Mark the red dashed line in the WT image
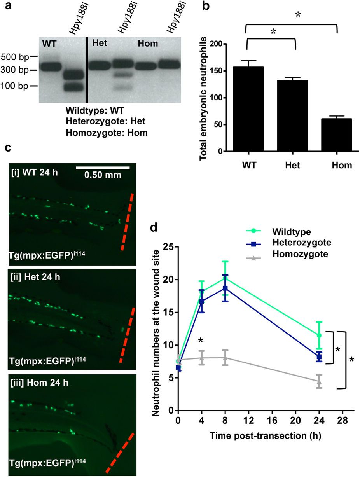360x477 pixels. point(127,222)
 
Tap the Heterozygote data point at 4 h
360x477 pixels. point(201,301)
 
